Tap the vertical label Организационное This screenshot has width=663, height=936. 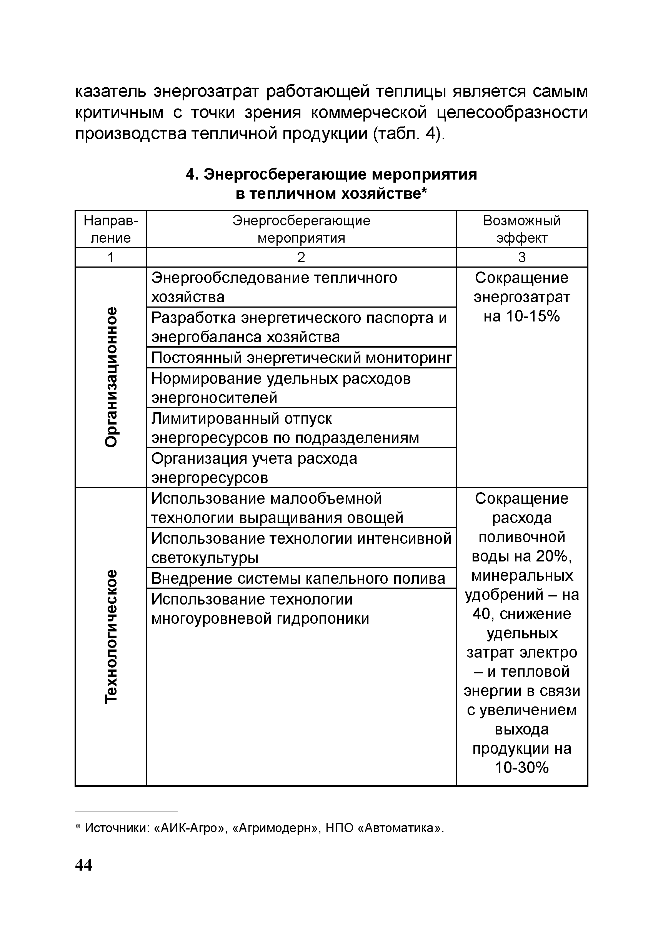click(x=111, y=377)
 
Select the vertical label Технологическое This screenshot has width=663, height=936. click(x=111, y=636)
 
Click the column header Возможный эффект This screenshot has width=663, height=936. click(x=521, y=229)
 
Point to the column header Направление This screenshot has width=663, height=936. click(x=111, y=229)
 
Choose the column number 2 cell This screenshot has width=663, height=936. click(x=301, y=257)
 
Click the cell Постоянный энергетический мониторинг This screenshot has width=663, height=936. click(x=301, y=358)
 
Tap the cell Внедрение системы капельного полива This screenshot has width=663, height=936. click(x=298, y=578)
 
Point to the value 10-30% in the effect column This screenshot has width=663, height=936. click(x=521, y=768)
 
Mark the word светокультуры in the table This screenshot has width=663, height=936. click(x=205, y=558)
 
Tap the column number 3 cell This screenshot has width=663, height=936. click(x=521, y=257)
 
